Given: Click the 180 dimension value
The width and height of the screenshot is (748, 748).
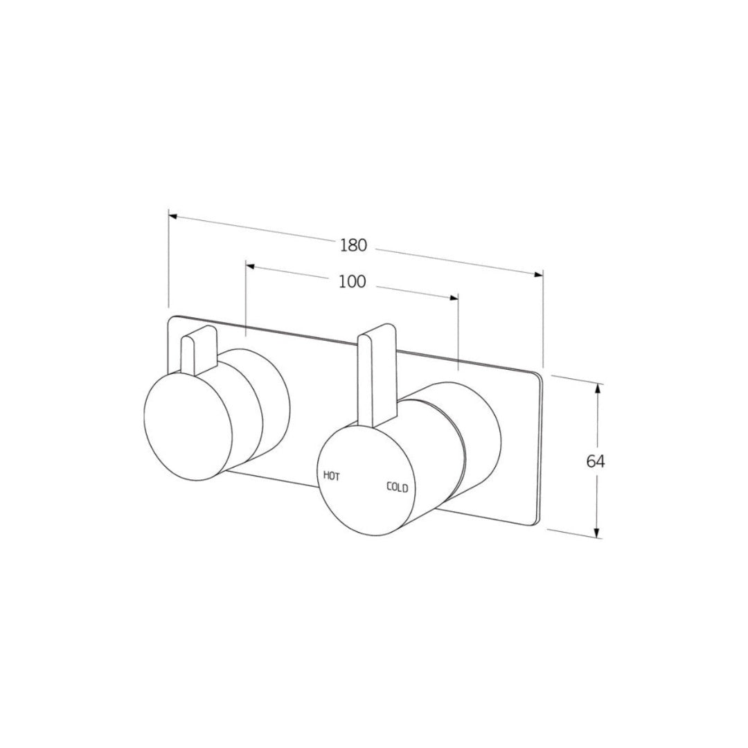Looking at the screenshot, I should tap(353, 245).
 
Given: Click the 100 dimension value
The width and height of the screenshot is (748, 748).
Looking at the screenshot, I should tap(353, 281).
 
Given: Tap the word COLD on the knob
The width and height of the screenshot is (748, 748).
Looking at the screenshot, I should tap(397, 488).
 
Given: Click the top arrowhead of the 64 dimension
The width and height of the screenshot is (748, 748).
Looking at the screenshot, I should tap(598, 388).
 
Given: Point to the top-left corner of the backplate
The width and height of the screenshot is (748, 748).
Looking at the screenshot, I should tap(173, 320).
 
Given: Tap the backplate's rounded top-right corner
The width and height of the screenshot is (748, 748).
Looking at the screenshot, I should tap(541, 377).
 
